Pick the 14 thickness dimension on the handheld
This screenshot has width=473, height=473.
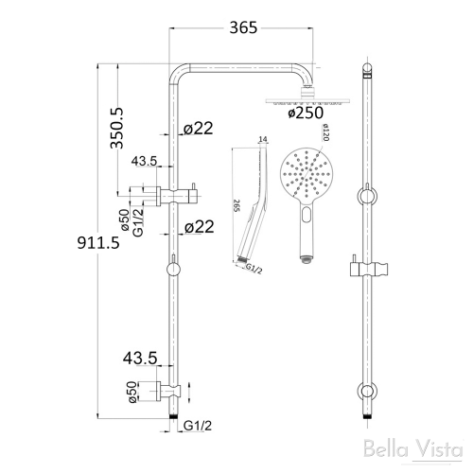(x=262, y=141)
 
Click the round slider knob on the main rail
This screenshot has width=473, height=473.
(x=171, y=272)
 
